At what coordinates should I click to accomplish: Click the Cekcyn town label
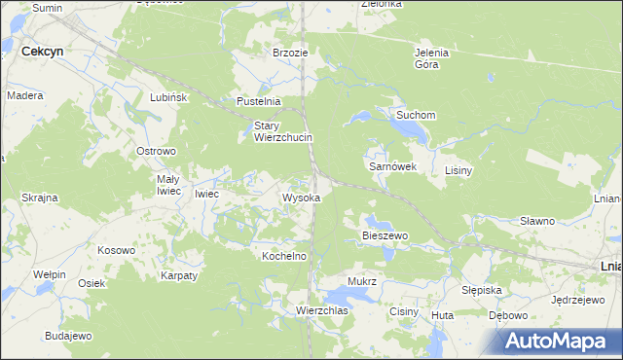click(43, 51)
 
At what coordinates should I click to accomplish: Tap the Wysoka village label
click(302, 198)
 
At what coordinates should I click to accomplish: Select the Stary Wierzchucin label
click(283, 131)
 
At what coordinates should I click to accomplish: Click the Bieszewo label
click(385, 235)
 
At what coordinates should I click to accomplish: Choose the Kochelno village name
click(285, 256)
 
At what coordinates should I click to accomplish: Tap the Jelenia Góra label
click(431, 58)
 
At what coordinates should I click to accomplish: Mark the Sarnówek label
click(392, 166)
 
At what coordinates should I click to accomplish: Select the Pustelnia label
click(259, 101)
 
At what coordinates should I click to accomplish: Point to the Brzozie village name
click(291, 53)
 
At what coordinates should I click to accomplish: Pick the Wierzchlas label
click(322, 310)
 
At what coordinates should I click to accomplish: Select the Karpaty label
click(179, 275)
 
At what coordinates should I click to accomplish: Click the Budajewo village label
click(67, 335)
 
